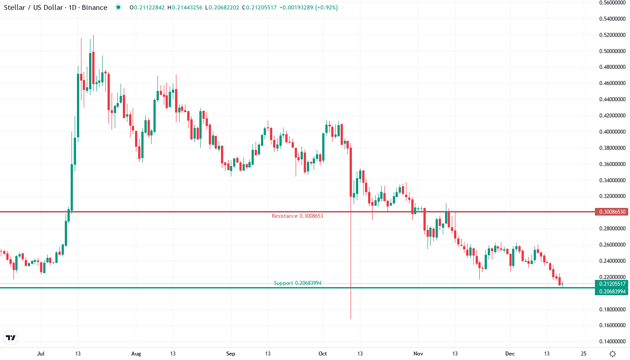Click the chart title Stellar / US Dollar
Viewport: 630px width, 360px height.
coord(34,8)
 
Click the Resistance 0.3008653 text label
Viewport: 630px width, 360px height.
coord(297,216)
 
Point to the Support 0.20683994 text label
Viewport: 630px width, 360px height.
coord(297,283)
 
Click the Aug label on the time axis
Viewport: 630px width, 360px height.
coord(136,354)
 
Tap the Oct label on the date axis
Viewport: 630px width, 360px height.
coord(323,354)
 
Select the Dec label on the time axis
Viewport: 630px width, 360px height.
coord(509,354)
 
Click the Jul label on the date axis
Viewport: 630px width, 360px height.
coord(41,354)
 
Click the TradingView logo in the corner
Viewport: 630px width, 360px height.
coord(10,337)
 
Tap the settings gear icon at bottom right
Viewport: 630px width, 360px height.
coord(612,354)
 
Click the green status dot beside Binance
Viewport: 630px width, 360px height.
coord(118,8)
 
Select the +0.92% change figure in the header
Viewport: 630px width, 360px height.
coord(327,8)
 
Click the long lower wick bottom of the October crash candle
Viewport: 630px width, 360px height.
coord(351,318)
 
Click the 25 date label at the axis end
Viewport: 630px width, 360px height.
coord(584,354)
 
